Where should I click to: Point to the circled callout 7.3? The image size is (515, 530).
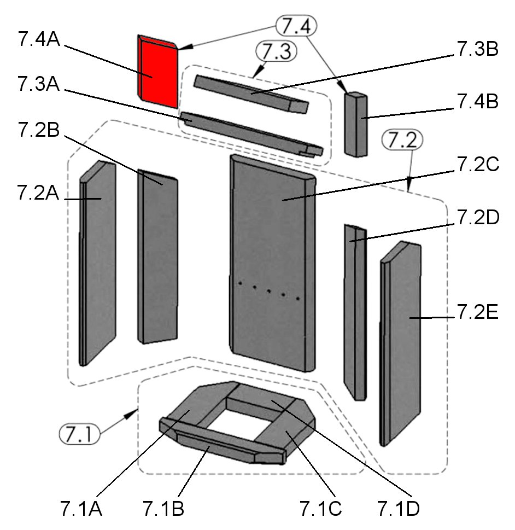[x=276, y=52]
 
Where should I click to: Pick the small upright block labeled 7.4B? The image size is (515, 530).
[x=355, y=125]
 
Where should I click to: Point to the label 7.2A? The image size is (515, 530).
[x=39, y=193]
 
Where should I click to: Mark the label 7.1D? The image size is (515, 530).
[x=399, y=508]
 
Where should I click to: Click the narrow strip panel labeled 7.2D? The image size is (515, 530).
[x=354, y=312]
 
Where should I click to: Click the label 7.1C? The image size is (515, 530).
[x=320, y=508]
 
